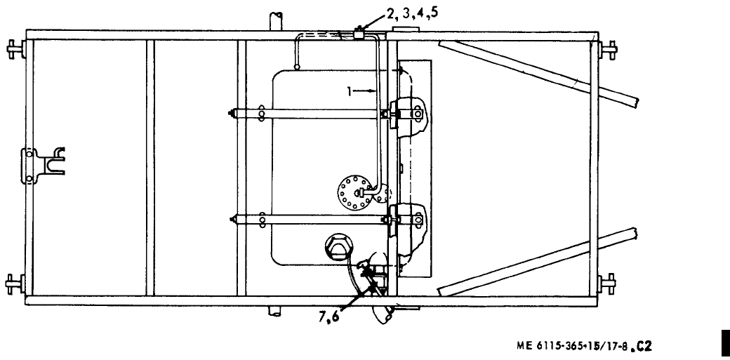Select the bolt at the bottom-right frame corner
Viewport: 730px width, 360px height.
(x=608, y=284)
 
